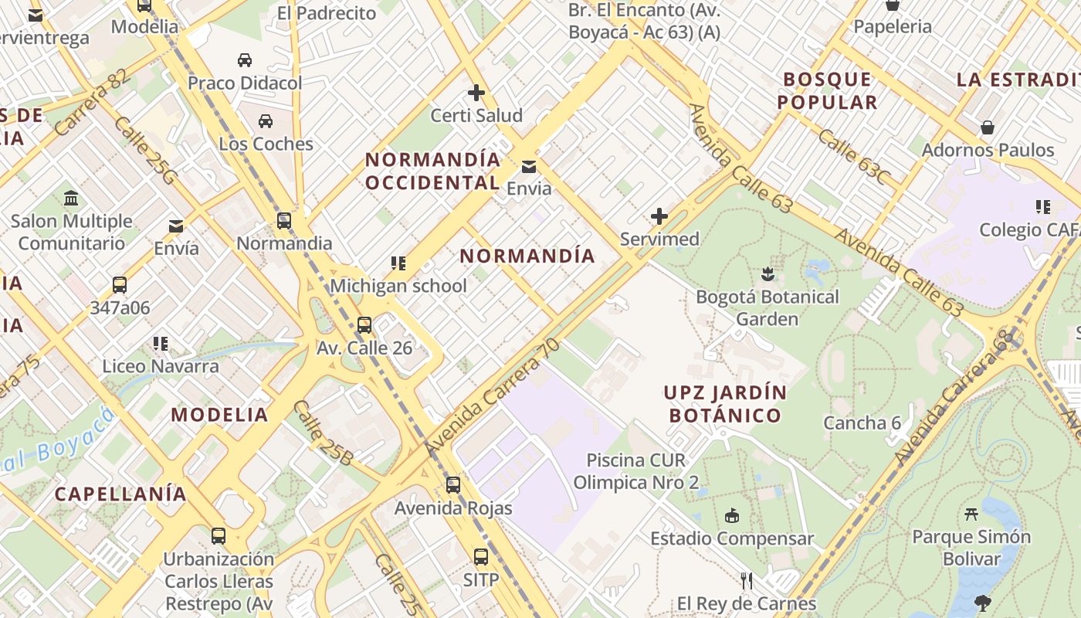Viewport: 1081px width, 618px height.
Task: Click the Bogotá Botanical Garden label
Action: click(767, 307)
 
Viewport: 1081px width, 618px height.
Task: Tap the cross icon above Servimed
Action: click(659, 216)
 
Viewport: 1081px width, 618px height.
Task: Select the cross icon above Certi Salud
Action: click(476, 93)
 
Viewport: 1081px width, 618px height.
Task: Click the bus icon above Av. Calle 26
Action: click(364, 325)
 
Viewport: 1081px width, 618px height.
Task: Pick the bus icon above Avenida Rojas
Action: click(453, 485)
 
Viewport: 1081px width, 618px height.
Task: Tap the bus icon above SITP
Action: click(481, 556)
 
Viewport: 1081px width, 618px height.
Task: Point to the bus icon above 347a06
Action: click(120, 285)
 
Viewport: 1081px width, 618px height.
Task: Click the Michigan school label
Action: click(398, 286)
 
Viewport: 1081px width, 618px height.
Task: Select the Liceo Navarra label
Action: click(161, 366)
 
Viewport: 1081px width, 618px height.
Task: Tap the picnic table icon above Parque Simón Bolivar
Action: click(971, 514)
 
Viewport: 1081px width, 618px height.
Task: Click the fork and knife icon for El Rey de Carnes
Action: click(747, 580)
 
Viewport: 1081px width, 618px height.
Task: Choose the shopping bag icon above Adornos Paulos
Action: click(988, 127)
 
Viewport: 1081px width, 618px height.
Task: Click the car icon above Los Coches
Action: click(266, 121)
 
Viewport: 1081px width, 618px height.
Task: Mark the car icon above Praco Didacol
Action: click(245, 60)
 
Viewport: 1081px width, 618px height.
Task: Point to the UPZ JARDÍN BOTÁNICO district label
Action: click(725, 404)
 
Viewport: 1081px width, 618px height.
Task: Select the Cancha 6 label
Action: click(862, 423)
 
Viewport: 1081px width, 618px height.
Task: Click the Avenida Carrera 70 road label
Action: click(491, 397)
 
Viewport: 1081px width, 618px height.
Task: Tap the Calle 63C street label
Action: click(852, 157)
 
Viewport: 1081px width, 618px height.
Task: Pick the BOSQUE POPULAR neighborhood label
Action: click(827, 90)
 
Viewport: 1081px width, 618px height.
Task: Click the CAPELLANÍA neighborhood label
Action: click(120, 494)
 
